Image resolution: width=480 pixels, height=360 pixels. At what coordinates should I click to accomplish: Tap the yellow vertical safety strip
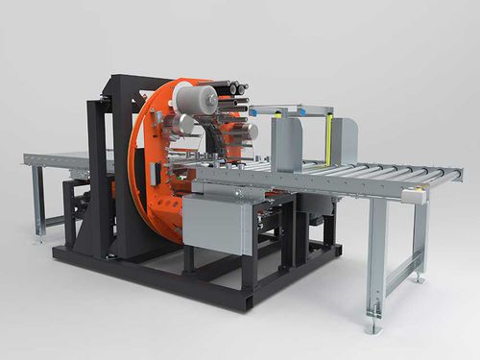click(x=328, y=138)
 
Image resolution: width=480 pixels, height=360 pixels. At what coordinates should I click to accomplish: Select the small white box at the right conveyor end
click(x=413, y=195)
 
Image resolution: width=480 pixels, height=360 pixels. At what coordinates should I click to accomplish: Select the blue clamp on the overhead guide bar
click(x=300, y=110)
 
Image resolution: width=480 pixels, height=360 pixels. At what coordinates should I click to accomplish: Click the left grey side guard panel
click(x=287, y=144)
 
